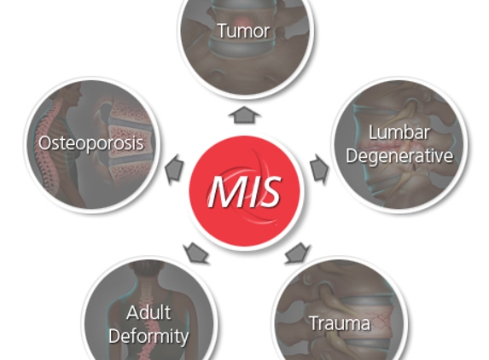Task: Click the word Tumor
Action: click(x=243, y=31)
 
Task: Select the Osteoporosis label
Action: click(x=91, y=143)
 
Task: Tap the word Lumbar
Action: click(x=399, y=132)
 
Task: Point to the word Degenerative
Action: click(x=399, y=155)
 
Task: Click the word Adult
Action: click(x=148, y=312)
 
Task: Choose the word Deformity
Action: click(x=148, y=336)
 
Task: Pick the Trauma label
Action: click(x=340, y=323)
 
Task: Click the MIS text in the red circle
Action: click(x=245, y=191)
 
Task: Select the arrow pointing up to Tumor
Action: click(x=244, y=114)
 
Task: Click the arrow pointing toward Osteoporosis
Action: click(x=174, y=169)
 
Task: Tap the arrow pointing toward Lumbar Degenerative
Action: click(x=319, y=168)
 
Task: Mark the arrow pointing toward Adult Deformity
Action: click(x=196, y=253)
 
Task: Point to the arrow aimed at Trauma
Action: click(x=297, y=253)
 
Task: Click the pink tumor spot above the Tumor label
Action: click(x=245, y=20)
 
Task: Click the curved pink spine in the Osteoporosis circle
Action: click(x=47, y=147)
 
